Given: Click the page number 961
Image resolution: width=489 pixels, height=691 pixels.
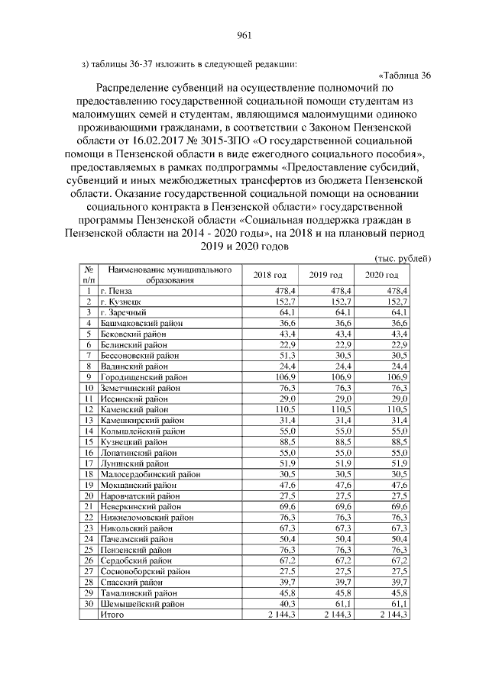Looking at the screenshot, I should (x=244, y=34).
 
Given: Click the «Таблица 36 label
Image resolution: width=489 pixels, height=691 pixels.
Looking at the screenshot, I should (x=405, y=75).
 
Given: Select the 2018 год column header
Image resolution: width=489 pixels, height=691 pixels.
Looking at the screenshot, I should (x=270, y=275).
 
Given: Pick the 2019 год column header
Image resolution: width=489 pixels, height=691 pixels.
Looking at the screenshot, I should (x=325, y=275).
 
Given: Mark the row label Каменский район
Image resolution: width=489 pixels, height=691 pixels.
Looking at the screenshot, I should (x=133, y=409).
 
